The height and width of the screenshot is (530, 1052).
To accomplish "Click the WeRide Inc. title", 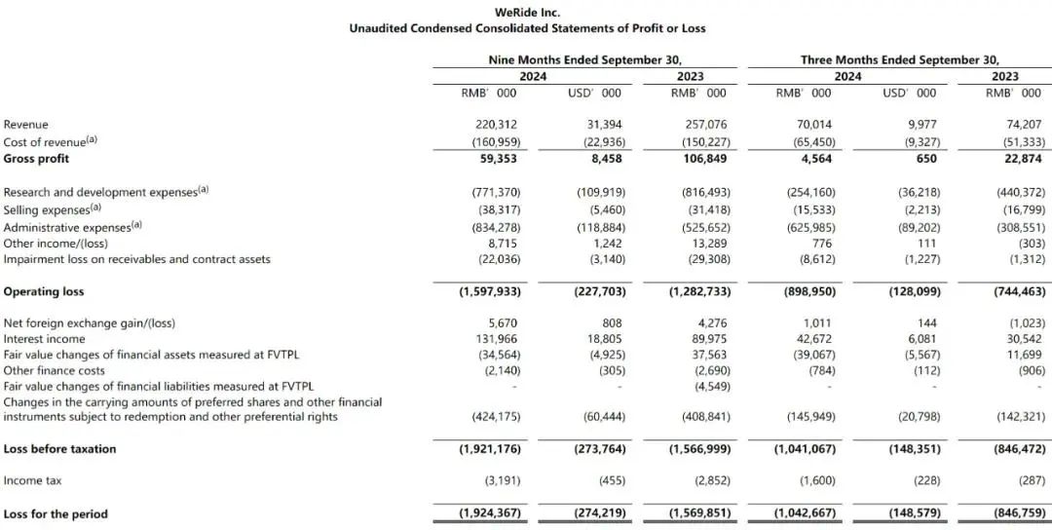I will pyautogui.click(x=527, y=12).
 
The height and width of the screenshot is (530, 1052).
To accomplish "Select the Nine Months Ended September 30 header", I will pyautogui.click(x=584, y=59).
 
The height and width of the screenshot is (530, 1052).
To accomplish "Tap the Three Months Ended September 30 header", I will pyautogui.click(x=899, y=59).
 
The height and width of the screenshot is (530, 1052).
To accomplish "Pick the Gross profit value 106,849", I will pyautogui.click(x=704, y=158).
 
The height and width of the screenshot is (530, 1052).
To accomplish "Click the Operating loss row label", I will pyautogui.click(x=44, y=291).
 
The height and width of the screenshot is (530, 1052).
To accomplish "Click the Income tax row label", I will pyautogui.click(x=31, y=480).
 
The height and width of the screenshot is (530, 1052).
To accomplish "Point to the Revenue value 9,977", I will pyautogui.click(x=919, y=125).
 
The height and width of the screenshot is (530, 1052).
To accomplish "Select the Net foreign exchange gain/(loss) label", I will pyautogui.click(x=90, y=322).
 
